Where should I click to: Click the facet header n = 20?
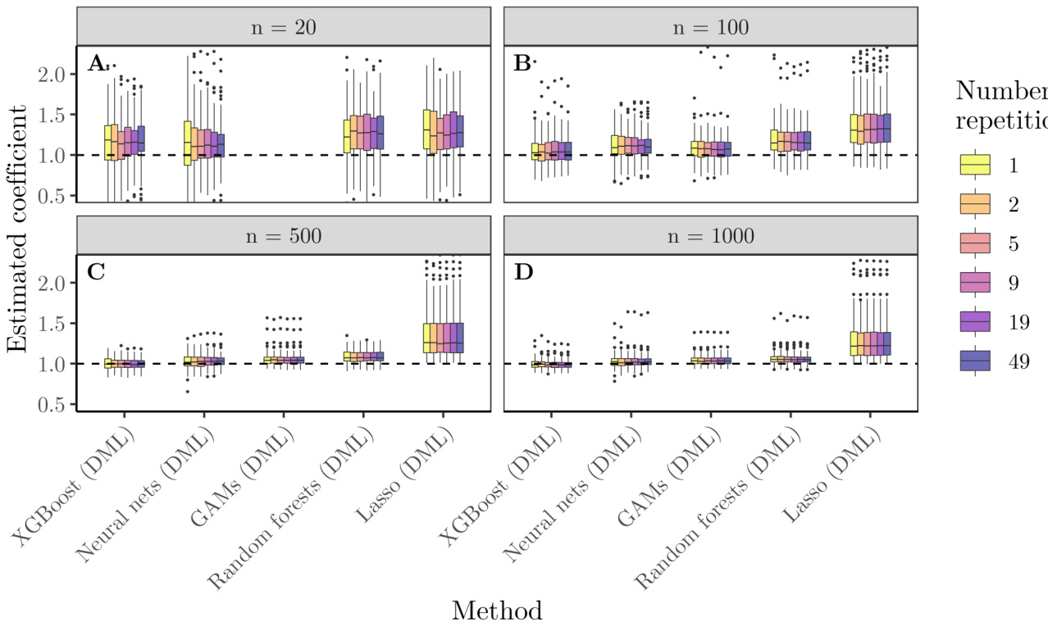tap(283, 26)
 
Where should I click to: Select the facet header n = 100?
tap(710, 26)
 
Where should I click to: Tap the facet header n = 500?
tap(283, 235)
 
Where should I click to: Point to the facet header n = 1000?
tap(710, 235)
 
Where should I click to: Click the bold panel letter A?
tap(97, 63)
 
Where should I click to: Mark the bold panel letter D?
tap(523, 271)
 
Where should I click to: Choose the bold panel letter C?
tap(96, 271)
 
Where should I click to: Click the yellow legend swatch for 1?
tap(977, 165)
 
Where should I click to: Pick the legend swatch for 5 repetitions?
tap(977, 243)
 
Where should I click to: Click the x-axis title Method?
tap(497, 610)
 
